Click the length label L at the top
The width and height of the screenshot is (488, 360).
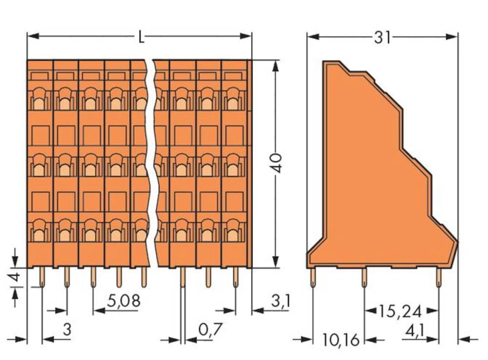141,37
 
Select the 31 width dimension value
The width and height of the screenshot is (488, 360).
382,37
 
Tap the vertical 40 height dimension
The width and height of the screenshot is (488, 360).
277,163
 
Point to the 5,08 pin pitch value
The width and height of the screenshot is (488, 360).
124,300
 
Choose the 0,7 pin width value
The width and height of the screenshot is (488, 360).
210,330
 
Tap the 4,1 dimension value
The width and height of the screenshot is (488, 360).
414,331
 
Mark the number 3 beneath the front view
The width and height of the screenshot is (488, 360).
67,330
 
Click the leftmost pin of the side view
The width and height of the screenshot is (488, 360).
313,278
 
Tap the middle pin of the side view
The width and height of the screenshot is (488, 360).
364,278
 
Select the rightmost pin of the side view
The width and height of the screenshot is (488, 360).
438,278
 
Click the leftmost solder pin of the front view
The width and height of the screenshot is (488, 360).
41,277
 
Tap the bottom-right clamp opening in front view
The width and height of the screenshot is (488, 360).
234,231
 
